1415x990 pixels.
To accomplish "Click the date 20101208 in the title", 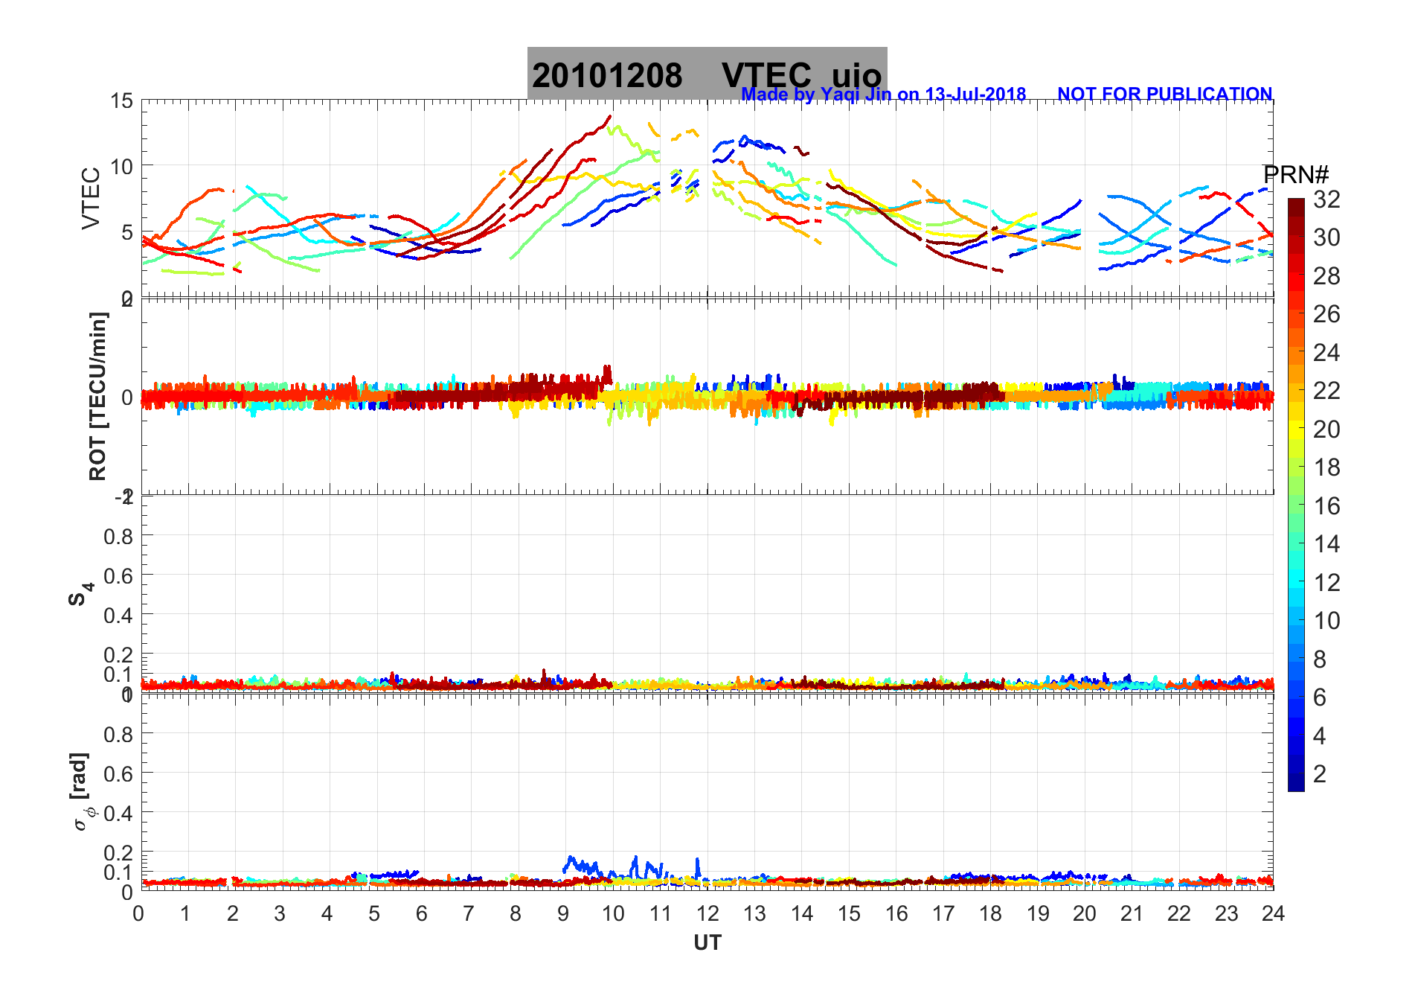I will click(x=607, y=76).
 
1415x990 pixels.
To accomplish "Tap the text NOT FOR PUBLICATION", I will click(x=1164, y=95).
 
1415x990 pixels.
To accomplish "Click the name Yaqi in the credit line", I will click(x=840, y=95).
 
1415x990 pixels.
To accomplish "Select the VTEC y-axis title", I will click(x=91, y=198).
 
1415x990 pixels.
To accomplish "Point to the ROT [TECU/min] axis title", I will click(x=97, y=396).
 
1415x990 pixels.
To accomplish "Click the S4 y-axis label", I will click(x=80, y=593).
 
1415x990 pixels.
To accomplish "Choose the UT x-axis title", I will click(x=707, y=943).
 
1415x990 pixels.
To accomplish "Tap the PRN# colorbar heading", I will click(x=1296, y=175).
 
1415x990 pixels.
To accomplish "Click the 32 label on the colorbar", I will click(x=1326, y=199).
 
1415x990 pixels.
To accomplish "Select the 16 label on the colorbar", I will click(x=1326, y=506).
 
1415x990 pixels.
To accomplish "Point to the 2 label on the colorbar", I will click(x=1320, y=774).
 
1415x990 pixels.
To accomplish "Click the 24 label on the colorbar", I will click(x=1326, y=353).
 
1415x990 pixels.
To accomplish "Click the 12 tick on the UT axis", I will click(x=707, y=913).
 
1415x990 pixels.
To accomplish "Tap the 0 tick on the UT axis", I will click(x=139, y=913).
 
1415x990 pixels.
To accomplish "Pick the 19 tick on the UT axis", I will click(x=1038, y=913).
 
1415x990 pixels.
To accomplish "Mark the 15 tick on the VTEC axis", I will click(x=122, y=100).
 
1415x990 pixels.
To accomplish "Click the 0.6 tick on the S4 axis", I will click(x=118, y=575).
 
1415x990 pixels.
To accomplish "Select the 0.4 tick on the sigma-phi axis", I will click(x=118, y=813).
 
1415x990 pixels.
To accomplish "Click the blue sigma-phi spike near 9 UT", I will click(x=571, y=860).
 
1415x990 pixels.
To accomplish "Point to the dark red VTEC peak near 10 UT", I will click(x=610, y=116).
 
